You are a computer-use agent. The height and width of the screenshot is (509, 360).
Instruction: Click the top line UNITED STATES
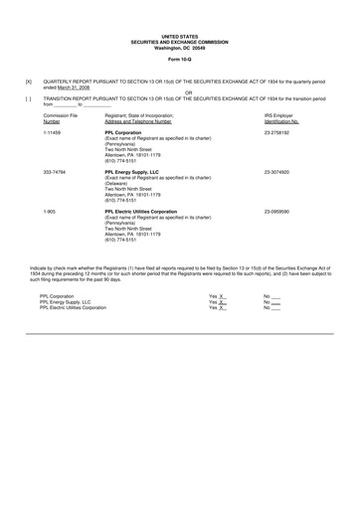point(179,35)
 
